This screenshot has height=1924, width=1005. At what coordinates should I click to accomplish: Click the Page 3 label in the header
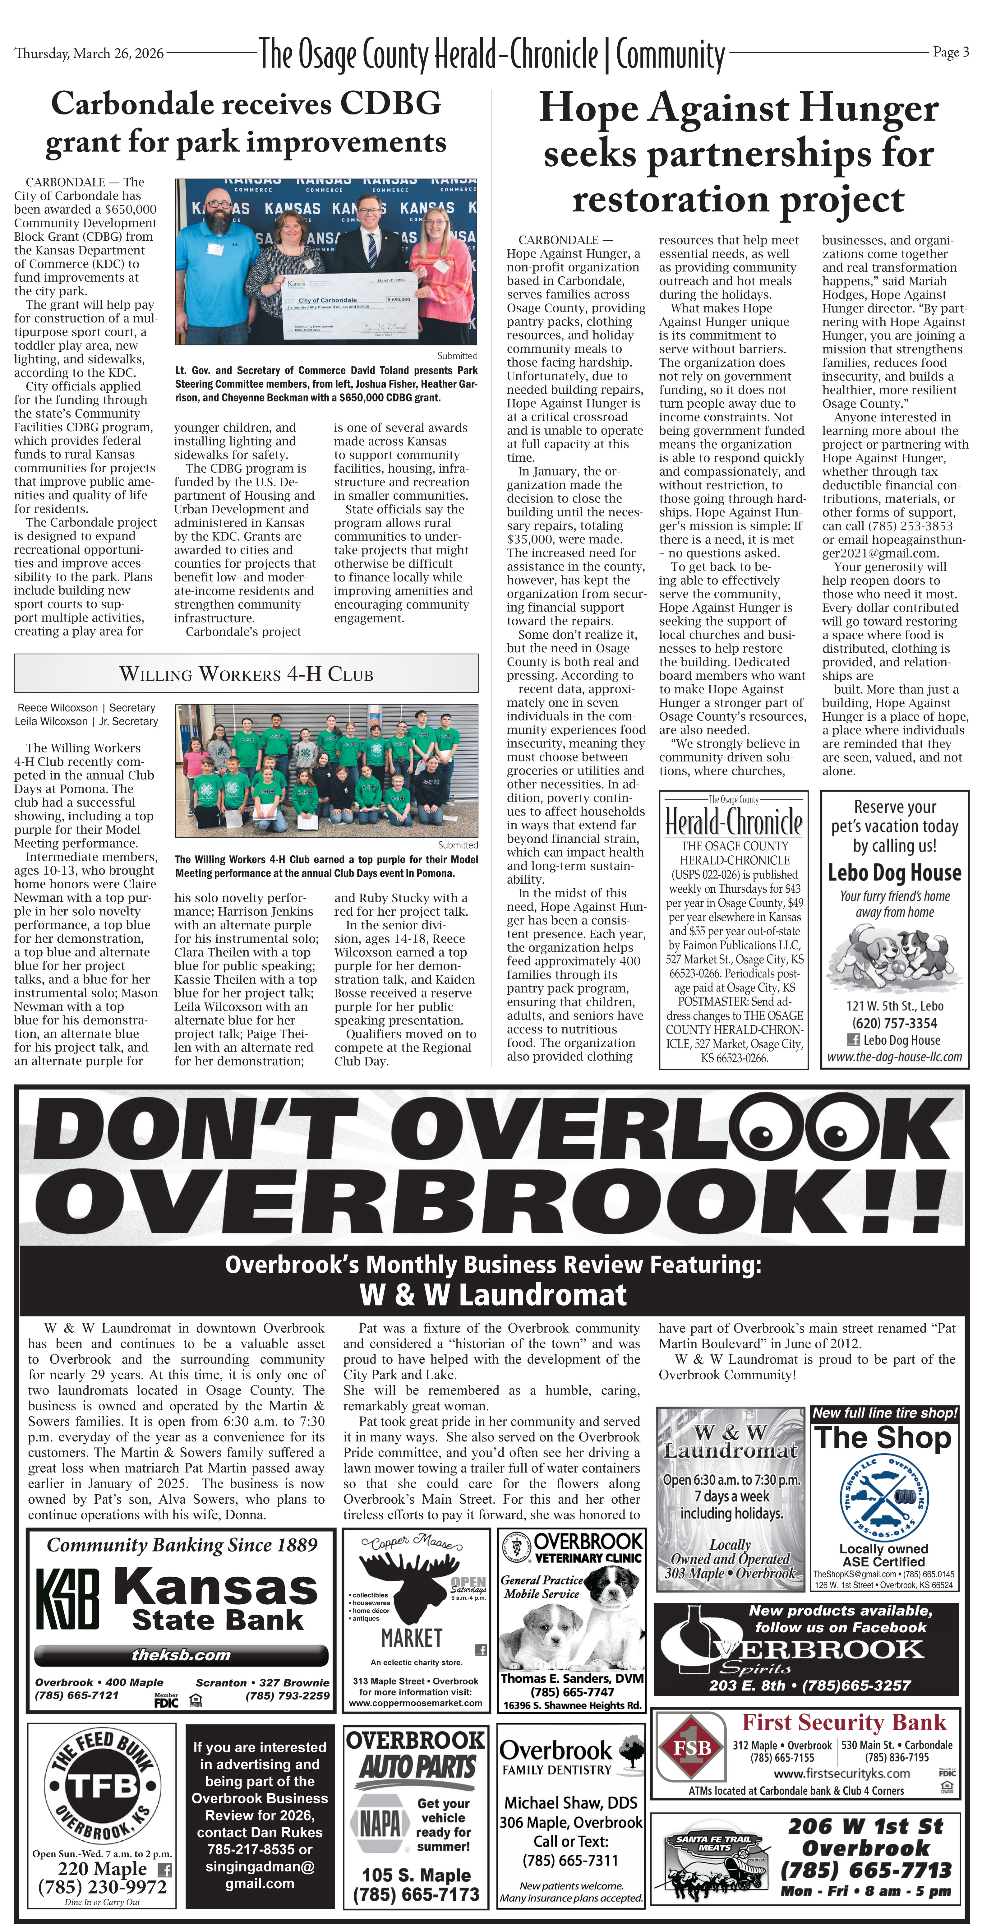951,52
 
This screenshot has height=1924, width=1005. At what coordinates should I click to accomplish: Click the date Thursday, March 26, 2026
89,53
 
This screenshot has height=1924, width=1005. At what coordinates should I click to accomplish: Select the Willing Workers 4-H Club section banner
247,674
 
